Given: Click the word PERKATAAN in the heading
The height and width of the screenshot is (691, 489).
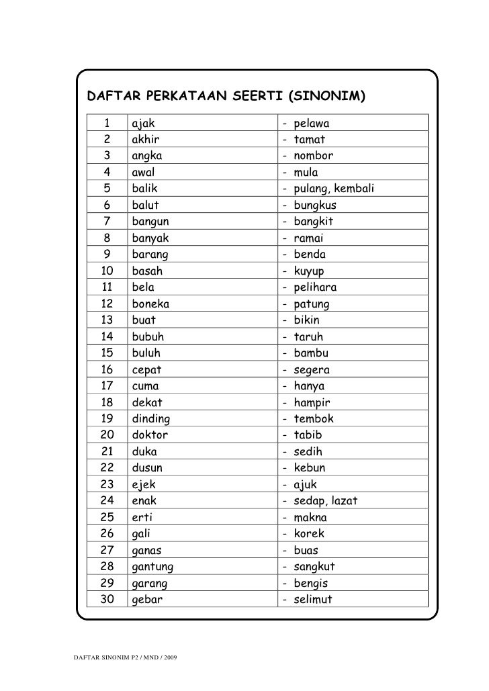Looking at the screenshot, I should click(183, 97).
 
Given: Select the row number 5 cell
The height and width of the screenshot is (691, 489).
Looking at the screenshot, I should click(107, 189).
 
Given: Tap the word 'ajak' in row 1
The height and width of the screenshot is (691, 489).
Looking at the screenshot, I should click(143, 124).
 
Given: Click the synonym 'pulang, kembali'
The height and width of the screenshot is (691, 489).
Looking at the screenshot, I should click(333, 189).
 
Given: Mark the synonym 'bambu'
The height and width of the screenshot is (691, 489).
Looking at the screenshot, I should click(314, 353).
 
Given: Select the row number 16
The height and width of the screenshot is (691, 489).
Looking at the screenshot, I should click(107, 370).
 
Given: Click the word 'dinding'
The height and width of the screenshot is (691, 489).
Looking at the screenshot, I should click(151, 419).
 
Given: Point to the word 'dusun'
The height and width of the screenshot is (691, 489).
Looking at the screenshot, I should click(147, 468).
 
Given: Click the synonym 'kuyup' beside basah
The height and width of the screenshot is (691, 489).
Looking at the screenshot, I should click(310, 271).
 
